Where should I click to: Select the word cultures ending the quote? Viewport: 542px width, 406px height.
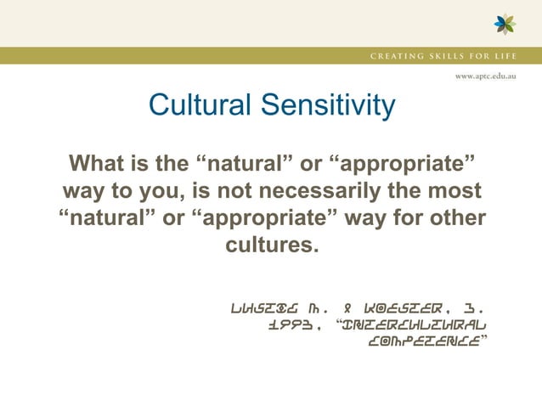[x=270, y=247]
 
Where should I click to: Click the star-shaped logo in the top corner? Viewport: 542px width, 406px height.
[x=505, y=24]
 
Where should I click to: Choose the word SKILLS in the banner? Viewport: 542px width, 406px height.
[x=459, y=56]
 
